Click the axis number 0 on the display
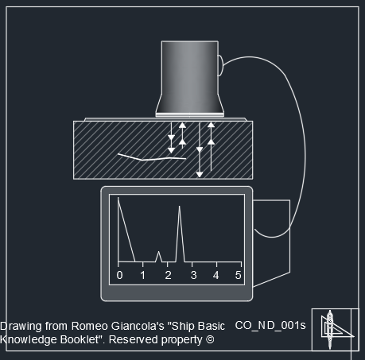click(119, 276)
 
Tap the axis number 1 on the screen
click(143, 276)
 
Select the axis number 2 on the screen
click(168, 276)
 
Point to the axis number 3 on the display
click(193, 276)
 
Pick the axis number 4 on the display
click(216, 276)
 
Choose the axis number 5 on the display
click(238, 276)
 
